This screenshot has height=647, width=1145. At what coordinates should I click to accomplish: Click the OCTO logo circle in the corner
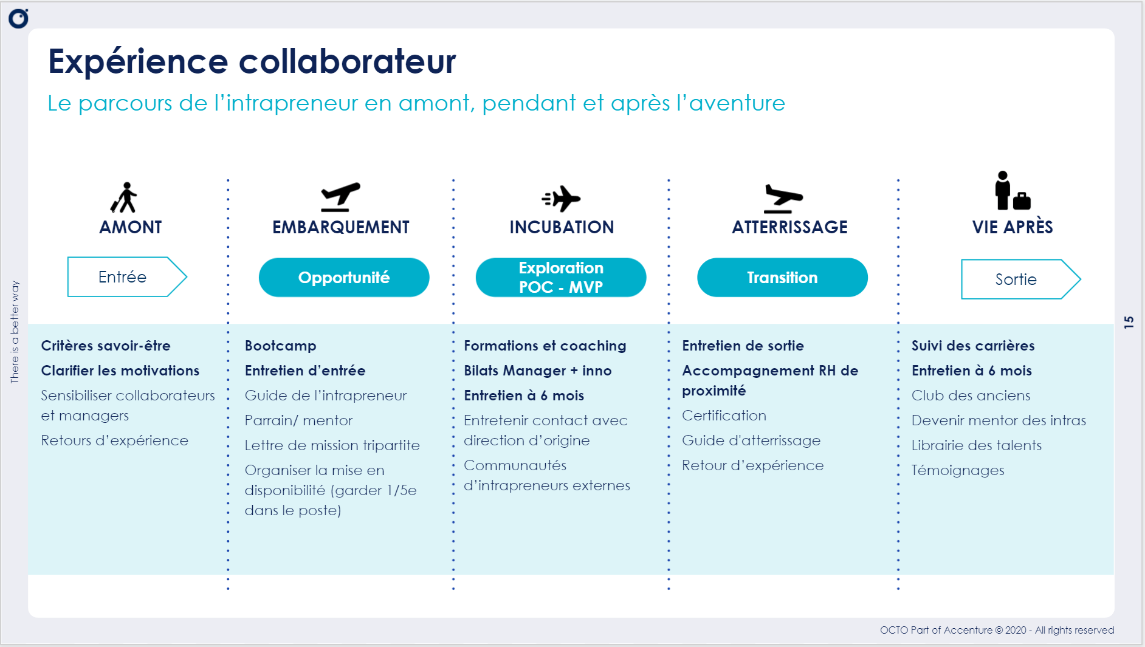(x=18, y=19)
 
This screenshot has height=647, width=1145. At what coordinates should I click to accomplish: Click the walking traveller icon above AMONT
(x=125, y=197)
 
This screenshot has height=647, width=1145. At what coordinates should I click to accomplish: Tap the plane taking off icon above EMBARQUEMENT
(x=340, y=197)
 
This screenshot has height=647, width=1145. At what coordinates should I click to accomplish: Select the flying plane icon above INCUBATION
(x=561, y=199)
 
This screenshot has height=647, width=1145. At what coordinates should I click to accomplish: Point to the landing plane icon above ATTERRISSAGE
(x=783, y=199)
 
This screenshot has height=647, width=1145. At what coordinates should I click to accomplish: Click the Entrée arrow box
(x=127, y=277)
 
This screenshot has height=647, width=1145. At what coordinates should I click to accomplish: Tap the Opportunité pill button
(x=344, y=278)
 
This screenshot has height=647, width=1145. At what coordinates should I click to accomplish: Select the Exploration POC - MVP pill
(x=561, y=278)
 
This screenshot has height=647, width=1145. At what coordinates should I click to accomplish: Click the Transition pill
(x=782, y=278)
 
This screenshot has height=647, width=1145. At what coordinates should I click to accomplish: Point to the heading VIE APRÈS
(x=1013, y=227)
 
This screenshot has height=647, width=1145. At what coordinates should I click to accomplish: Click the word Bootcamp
(x=281, y=346)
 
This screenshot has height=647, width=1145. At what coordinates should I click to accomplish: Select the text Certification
(x=724, y=416)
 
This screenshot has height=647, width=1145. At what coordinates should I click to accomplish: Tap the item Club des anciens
(x=971, y=395)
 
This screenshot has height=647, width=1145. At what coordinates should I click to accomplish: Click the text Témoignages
(x=958, y=471)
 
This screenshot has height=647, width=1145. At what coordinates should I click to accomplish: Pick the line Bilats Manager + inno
(x=538, y=371)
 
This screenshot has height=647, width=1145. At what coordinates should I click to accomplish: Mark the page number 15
(x=1129, y=323)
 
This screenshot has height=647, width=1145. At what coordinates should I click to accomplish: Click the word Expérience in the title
(x=139, y=62)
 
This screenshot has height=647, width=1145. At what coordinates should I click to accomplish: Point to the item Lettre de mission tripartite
(x=332, y=445)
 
